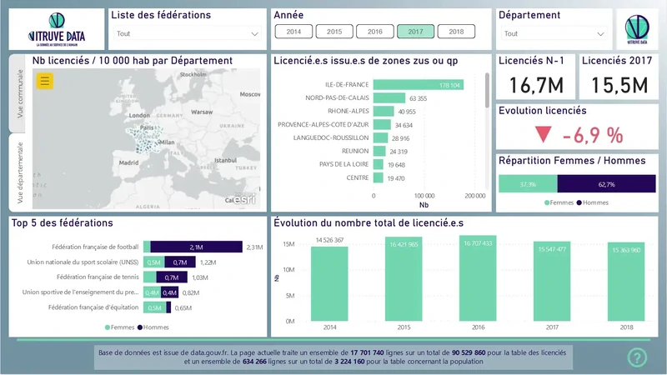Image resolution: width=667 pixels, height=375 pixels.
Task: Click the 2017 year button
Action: coord(415,32)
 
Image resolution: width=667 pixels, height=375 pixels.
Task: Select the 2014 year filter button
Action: coord(293,32)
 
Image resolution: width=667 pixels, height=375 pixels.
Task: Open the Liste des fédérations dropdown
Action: coord(188,34)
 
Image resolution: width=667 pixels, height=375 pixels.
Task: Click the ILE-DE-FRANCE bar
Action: coord(418,85)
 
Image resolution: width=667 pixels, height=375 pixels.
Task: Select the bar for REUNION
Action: coord(379,152)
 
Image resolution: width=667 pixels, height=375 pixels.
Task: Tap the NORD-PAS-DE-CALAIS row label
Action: coord(337,98)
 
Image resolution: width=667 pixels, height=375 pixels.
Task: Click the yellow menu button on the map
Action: coord(45,81)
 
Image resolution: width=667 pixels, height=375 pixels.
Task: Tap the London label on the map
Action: coord(139,115)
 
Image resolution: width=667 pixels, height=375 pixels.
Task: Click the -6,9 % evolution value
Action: coord(592,135)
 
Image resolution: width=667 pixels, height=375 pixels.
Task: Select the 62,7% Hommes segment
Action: coord(601,184)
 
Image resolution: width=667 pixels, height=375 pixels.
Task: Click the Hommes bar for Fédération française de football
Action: coord(196,247)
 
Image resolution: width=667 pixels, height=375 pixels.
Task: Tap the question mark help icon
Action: coord(637,357)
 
